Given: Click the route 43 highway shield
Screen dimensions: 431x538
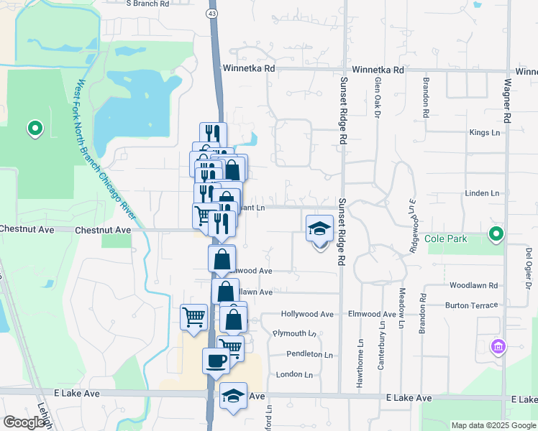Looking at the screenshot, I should point(211,14).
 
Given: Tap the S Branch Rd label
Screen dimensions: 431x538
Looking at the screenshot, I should point(147,4).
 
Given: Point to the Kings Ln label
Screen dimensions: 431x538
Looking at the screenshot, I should point(483,133).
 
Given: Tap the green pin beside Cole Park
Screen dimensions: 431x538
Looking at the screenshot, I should point(496,233).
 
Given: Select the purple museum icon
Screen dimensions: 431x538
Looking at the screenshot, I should point(497,348).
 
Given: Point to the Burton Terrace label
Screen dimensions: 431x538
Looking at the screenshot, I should point(471,305).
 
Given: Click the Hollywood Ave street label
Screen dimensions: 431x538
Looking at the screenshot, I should point(307,314).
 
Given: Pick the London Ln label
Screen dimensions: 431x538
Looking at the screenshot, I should point(294,374).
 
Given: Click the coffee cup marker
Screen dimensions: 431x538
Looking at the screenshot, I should point(216,361).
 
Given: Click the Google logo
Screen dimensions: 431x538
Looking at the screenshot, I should point(24,422).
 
